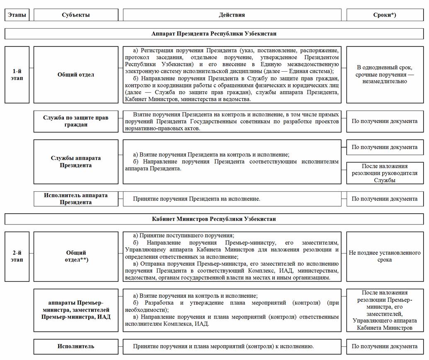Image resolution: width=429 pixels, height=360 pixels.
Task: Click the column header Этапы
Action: click(17, 15)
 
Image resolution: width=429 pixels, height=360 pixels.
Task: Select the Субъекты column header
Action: click(76, 15)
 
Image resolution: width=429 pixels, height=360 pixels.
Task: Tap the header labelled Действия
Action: click(232, 15)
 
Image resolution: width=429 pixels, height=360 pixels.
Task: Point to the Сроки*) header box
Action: click(385, 15)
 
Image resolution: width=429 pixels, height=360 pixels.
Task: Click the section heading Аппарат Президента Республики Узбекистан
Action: click(214, 34)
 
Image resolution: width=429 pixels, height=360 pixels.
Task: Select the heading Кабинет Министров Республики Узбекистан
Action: click(214, 219)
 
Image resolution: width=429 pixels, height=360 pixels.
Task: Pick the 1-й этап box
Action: click(17, 75)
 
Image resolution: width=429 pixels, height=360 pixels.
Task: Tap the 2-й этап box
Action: click(17, 256)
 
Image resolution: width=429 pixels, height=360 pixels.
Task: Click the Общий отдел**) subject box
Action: click(76, 256)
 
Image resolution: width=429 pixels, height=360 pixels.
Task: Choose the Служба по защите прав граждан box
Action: click(76, 121)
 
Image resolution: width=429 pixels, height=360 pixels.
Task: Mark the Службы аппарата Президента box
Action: click(76, 162)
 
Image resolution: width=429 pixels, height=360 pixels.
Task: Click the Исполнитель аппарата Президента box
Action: click(76, 199)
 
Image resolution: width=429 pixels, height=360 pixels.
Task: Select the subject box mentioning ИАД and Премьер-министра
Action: click(76, 310)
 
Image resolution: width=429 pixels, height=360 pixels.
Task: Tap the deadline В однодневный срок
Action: click(385, 75)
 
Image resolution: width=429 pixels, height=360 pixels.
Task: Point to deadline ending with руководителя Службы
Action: click(385, 173)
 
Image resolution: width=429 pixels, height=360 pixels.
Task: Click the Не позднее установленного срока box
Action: click(385, 256)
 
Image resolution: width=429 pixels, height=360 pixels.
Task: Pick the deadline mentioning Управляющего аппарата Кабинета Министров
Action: click(385, 310)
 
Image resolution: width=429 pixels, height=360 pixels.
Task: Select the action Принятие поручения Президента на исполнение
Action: click(196, 199)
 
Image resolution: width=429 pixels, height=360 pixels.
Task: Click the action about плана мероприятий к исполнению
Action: click(223, 346)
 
